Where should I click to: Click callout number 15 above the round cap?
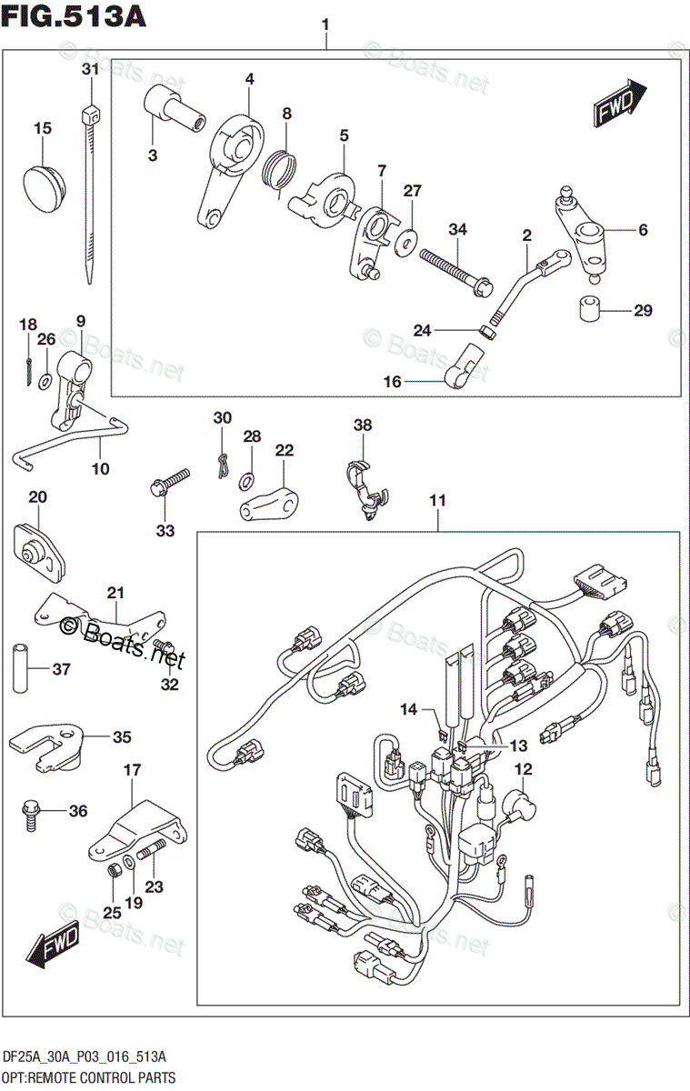[x=43, y=128]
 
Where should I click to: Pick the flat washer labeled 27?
[x=407, y=240]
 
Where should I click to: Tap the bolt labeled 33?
[x=169, y=482]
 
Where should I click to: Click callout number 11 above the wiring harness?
[x=438, y=499]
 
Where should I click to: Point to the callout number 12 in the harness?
[x=523, y=770]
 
